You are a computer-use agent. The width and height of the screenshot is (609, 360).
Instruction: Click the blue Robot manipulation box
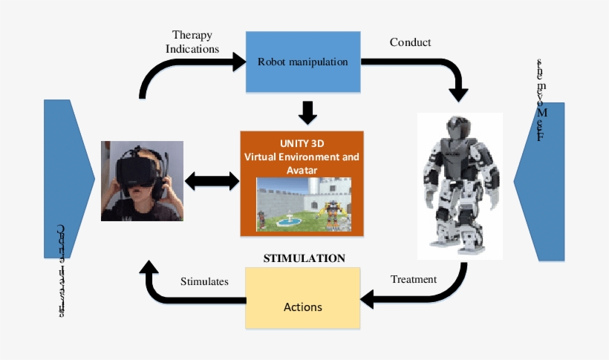[x=302, y=62]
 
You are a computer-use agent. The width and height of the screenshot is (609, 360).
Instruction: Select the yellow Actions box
[x=303, y=305]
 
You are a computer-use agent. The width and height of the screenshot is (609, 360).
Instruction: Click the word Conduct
[x=410, y=42]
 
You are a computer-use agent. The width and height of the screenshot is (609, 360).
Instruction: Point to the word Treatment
[x=414, y=280]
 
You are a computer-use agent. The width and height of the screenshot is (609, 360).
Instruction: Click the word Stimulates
[x=204, y=281]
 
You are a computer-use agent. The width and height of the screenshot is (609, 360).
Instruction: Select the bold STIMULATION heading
[x=304, y=258]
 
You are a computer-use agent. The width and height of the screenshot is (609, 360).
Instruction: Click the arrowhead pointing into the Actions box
[x=368, y=299]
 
